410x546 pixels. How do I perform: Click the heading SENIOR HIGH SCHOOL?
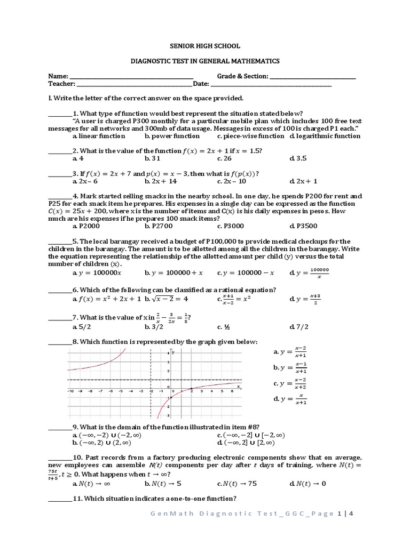205,46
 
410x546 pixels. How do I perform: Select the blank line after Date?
271,85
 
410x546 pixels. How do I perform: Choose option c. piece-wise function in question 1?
250,136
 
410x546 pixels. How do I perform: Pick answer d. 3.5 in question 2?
298,158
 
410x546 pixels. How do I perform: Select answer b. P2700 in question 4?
156,226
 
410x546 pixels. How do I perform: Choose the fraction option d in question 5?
309,272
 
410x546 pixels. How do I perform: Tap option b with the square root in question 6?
167,299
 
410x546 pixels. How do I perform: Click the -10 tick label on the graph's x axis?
69,391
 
